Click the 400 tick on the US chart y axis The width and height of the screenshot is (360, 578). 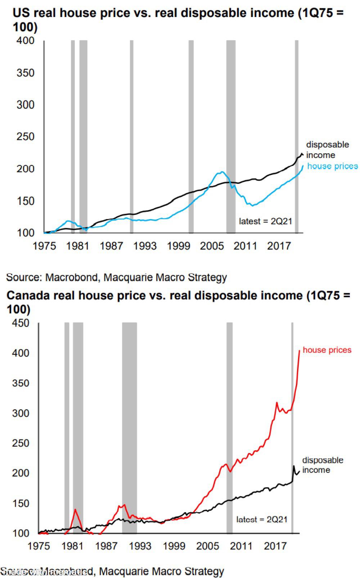click(25, 40)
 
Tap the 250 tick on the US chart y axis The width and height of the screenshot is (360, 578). click(25, 137)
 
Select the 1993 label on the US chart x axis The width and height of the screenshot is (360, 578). click(145, 246)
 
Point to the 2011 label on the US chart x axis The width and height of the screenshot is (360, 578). click(246, 246)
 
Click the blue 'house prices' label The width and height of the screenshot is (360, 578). click(332, 166)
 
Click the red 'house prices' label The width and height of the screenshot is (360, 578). click(327, 350)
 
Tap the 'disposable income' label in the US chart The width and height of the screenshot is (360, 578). click(327, 150)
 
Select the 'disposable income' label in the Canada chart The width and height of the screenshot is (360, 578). click(322, 465)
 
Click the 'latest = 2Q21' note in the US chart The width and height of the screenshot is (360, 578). click(265, 221)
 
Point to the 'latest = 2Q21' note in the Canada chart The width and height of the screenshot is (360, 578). click(262, 519)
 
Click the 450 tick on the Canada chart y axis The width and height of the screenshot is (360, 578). click(21, 323)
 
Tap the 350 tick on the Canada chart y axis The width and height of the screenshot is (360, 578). click(21, 383)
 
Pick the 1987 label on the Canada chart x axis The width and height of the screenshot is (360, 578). click(106, 546)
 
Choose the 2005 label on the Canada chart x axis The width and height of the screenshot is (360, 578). click(207, 546)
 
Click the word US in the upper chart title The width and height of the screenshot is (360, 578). click(20, 13)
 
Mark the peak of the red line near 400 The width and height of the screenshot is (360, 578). click(300, 350)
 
